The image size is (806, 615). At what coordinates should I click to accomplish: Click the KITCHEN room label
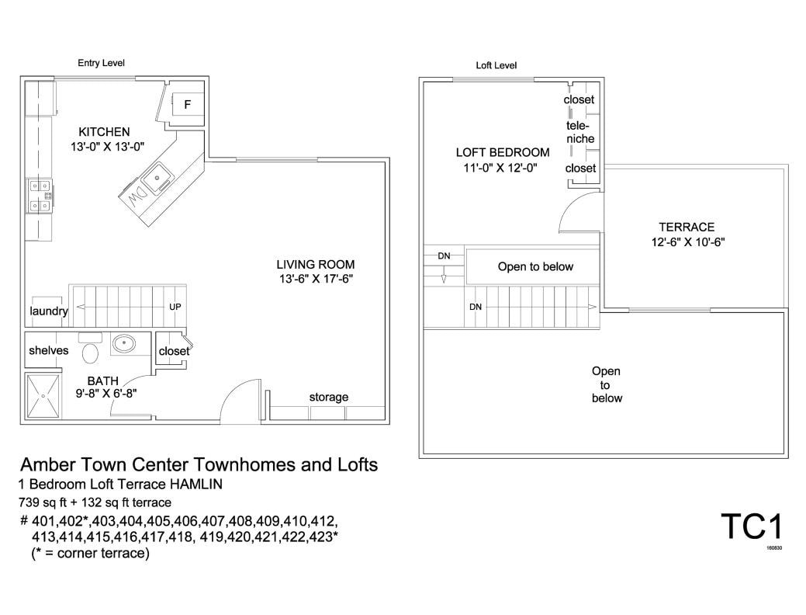coord(104,132)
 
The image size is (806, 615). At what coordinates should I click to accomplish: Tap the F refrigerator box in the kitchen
coord(187,104)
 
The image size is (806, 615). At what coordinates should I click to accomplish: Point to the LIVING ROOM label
coord(316,264)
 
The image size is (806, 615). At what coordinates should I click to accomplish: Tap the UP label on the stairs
coord(175,307)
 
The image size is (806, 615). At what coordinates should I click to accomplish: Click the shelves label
coord(49,350)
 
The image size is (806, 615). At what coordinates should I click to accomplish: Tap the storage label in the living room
coord(329,397)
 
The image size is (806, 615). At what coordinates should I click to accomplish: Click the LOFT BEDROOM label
coord(502,152)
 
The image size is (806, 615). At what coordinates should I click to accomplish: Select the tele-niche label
coord(579,132)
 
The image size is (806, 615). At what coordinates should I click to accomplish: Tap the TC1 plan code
coord(751,526)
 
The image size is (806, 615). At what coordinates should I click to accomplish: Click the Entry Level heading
coord(101,63)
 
